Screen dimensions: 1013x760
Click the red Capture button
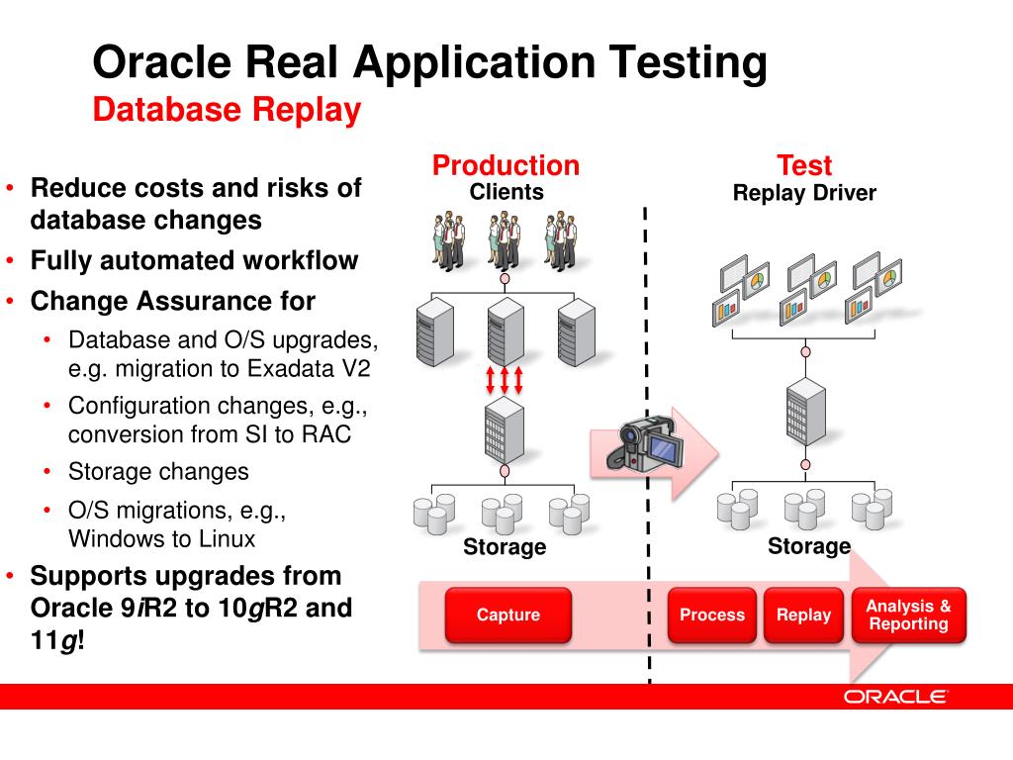[x=508, y=616]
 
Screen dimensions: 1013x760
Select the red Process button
[x=712, y=616]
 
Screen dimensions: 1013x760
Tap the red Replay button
[x=803, y=616]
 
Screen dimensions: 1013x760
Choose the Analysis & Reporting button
[x=908, y=616]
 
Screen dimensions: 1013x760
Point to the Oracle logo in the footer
[x=895, y=697]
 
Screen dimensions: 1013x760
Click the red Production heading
[x=506, y=165]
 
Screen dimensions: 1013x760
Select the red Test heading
[x=803, y=165]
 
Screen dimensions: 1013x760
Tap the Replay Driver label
[x=803, y=193]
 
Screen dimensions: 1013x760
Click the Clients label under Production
[x=506, y=192]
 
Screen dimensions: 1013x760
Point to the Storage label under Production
[x=505, y=547]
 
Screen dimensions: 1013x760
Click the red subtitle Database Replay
[x=227, y=110]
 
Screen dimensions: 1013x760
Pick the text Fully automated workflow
[x=194, y=261]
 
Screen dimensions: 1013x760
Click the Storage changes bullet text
[x=158, y=472]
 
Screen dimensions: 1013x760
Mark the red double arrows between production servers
[x=505, y=379]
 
